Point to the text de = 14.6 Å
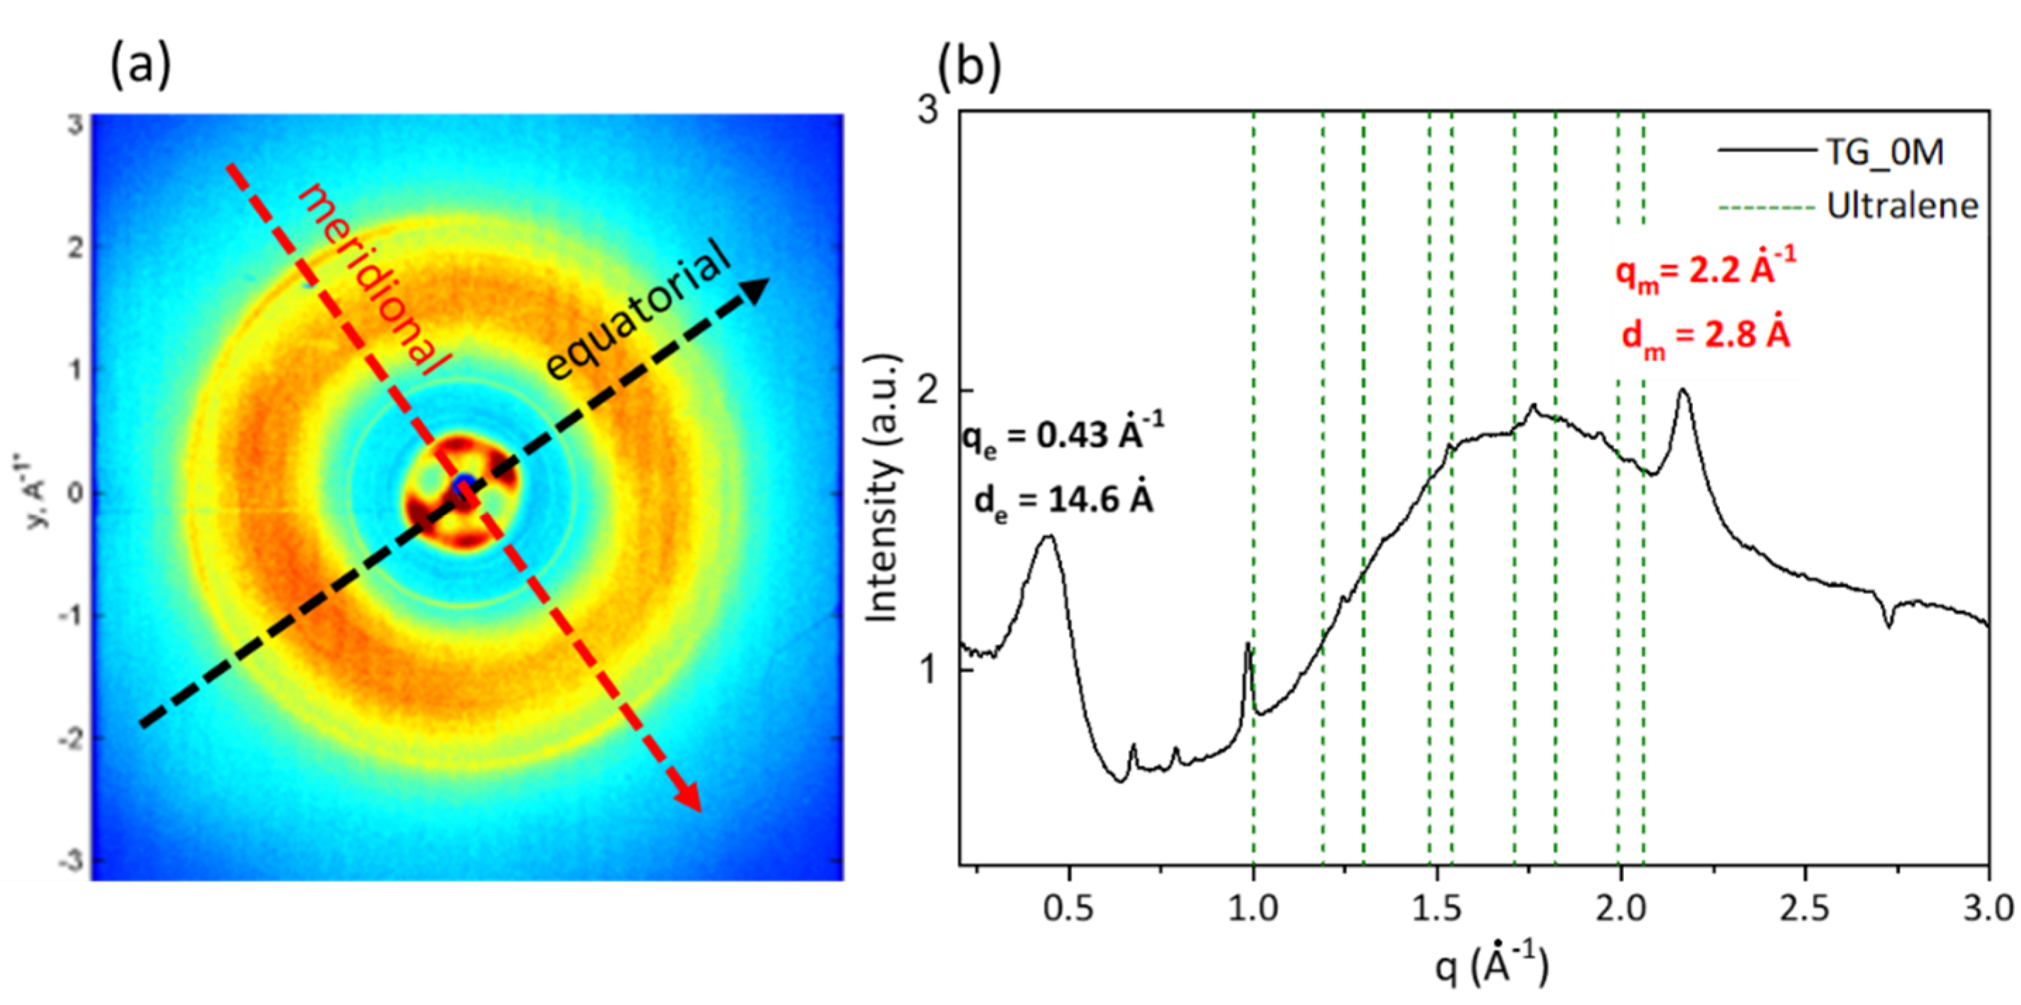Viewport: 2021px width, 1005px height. pos(1064,501)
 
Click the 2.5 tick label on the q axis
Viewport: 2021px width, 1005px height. pos(1804,909)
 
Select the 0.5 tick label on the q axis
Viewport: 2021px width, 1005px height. pos(1070,909)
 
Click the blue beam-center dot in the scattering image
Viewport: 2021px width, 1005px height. pos(464,482)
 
